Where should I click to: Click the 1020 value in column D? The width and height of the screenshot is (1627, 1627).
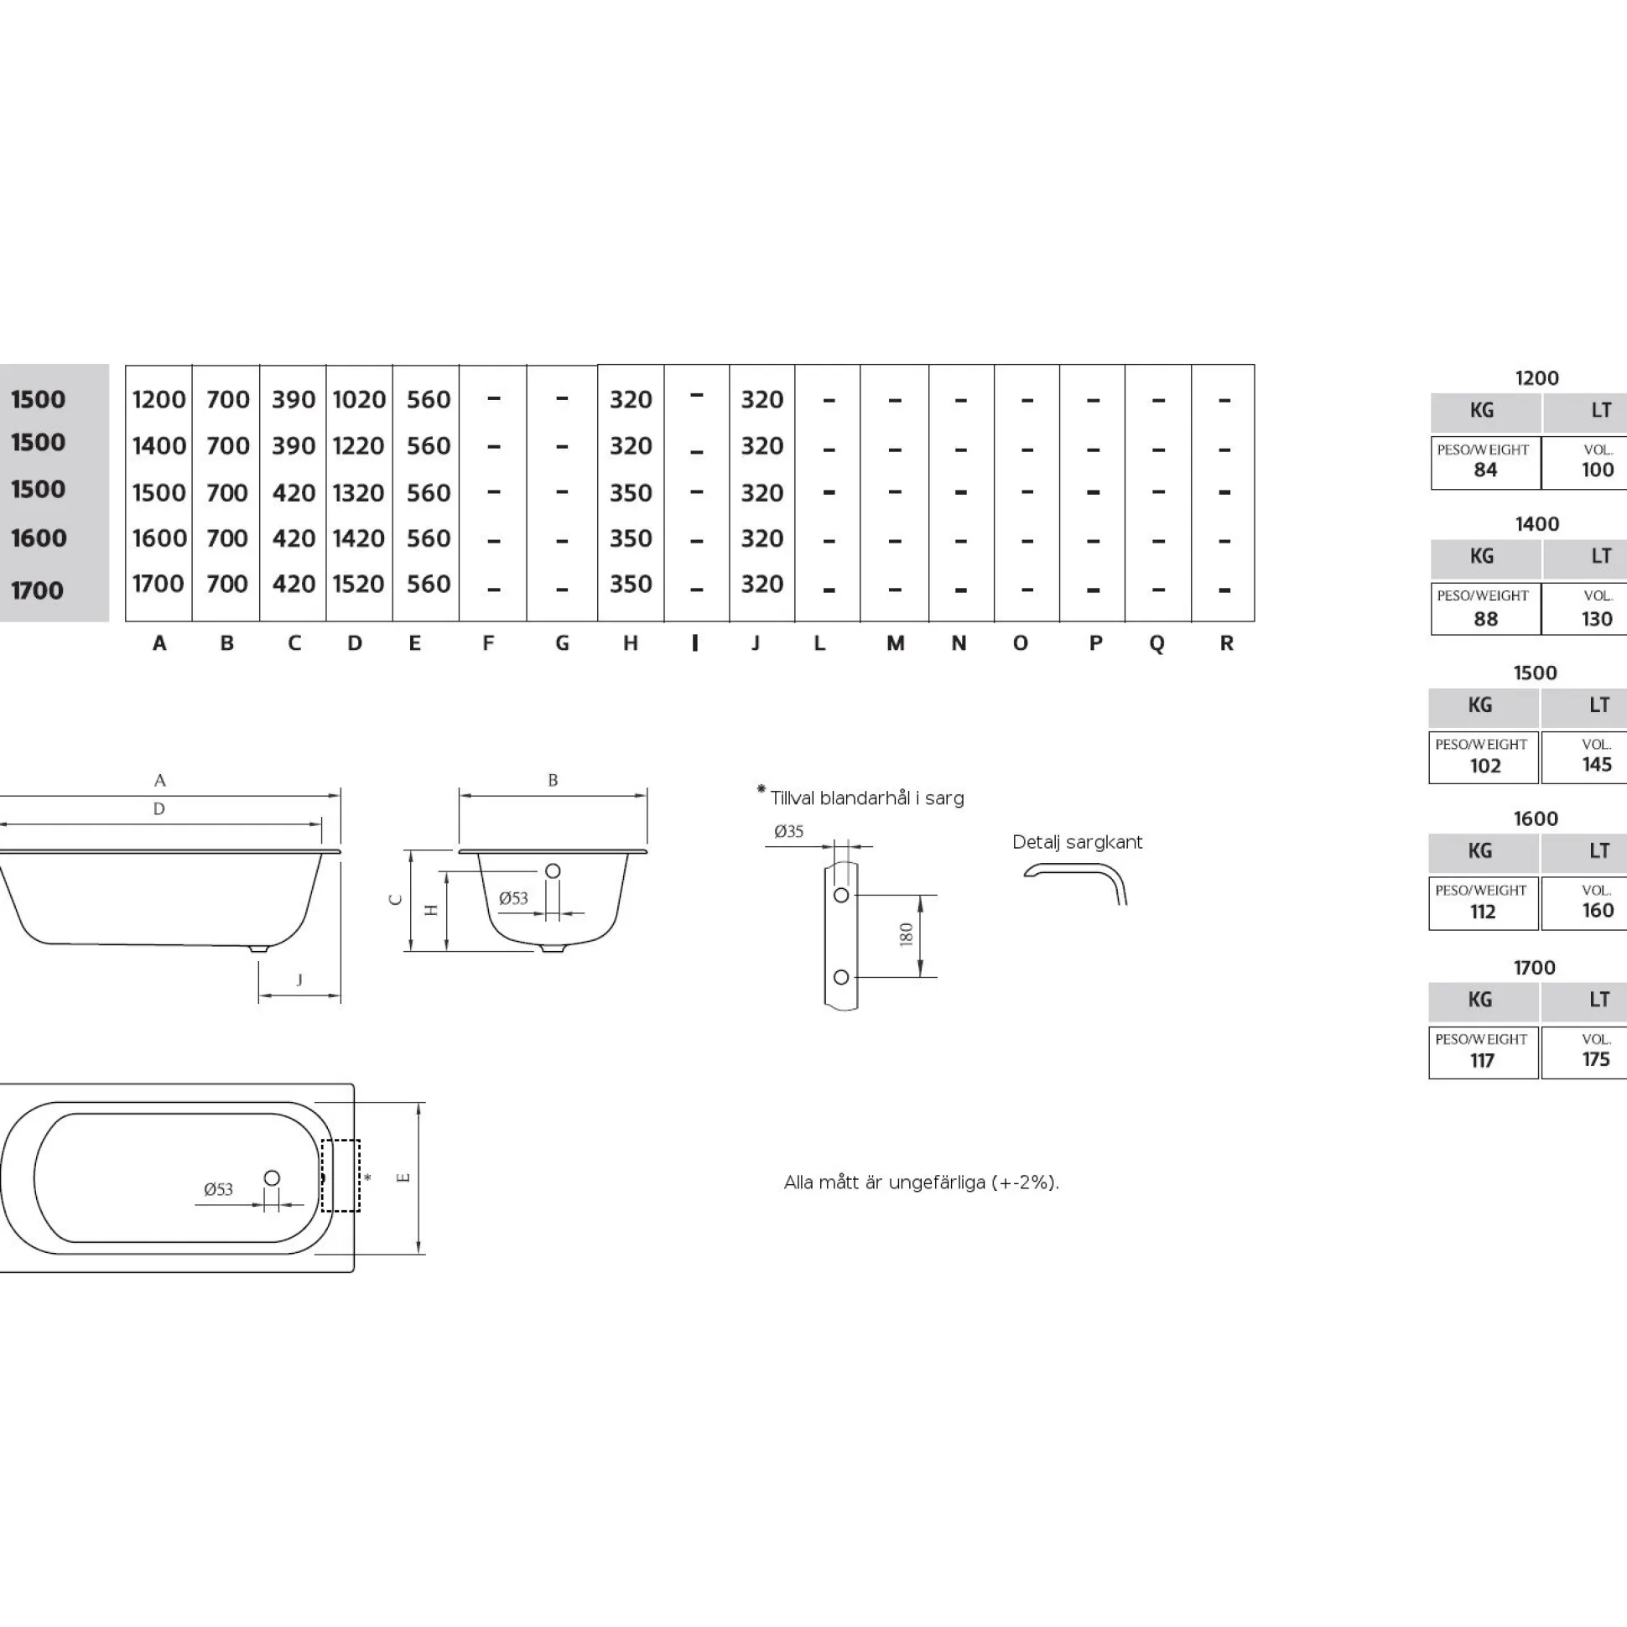click(x=359, y=399)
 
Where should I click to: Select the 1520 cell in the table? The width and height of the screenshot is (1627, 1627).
click(x=359, y=584)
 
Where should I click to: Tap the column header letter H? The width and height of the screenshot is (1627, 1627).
click(x=630, y=643)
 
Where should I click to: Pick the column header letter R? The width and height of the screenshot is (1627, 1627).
click(x=1226, y=643)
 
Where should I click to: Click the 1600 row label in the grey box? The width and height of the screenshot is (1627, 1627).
click(x=39, y=538)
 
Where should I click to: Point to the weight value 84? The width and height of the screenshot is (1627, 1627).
click(x=1485, y=470)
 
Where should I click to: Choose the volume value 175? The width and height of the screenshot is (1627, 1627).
click(x=1596, y=1059)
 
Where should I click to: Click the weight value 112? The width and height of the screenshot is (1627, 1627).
click(x=1483, y=911)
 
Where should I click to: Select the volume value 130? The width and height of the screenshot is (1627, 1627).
click(x=1598, y=619)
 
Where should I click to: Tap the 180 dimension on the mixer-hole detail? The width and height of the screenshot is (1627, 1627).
click(x=906, y=935)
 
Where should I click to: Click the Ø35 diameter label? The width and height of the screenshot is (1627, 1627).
click(x=789, y=831)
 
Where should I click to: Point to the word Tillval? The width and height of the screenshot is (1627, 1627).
click(x=793, y=798)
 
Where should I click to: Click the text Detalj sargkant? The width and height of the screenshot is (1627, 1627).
click(x=1077, y=842)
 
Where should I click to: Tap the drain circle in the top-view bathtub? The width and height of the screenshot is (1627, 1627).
click(x=272, y=1178)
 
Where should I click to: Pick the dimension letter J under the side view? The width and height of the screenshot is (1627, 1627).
click(x=299, y=980)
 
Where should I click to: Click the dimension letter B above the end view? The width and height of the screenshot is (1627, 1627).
click(x=553, y=781)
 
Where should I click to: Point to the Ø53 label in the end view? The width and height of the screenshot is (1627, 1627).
click(x=513, y=897)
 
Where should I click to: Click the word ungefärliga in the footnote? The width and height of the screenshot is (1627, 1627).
click(x=935, y=1183)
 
